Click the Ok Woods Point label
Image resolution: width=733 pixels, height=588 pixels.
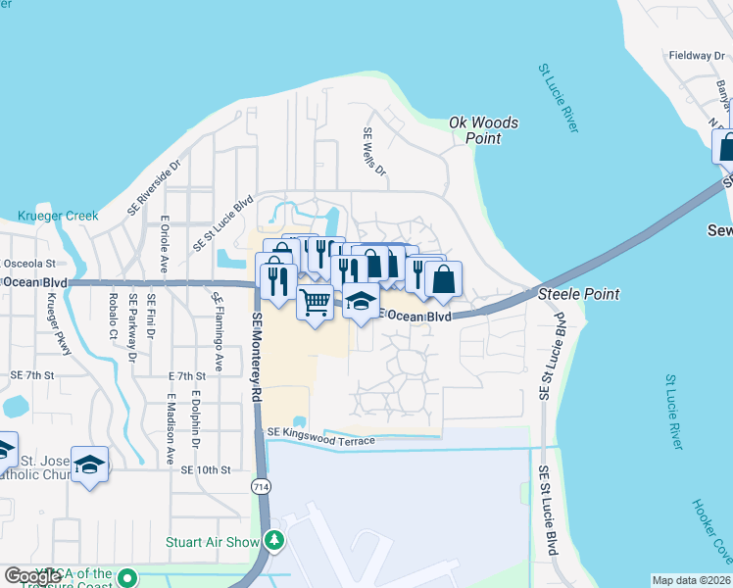483,130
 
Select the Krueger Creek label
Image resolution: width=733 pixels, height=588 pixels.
58,216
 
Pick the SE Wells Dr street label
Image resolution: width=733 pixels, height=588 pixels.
374,152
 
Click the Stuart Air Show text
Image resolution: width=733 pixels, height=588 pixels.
225,541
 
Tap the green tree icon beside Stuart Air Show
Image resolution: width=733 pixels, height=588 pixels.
276,541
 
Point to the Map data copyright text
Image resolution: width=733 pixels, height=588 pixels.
691,580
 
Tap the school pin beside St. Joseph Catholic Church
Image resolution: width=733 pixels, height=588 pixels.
90,465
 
